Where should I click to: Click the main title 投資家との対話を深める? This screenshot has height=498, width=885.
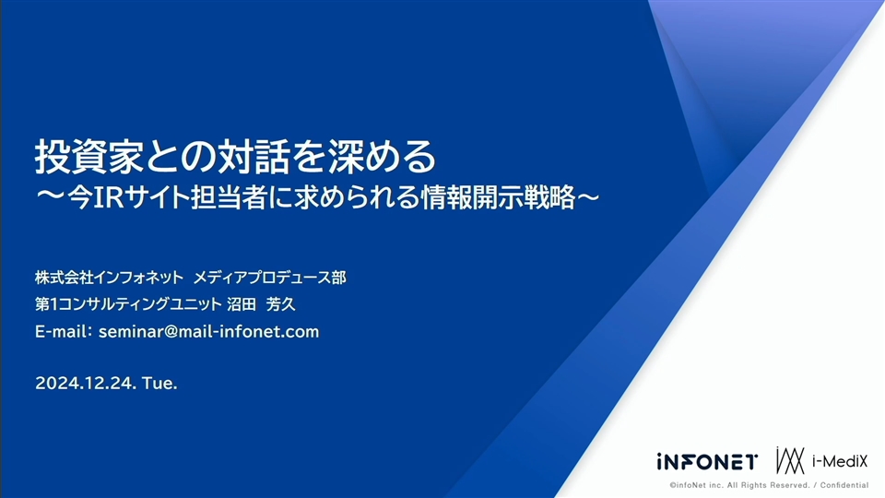click(x=236, y=156)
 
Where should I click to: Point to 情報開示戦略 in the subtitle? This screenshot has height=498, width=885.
click(x=498, y=197)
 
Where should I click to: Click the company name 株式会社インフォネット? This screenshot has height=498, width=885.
click(x=109, y=278)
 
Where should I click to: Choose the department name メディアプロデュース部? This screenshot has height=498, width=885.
click(x=270, y=278)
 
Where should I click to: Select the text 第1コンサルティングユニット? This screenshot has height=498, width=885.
click(x=128, y=304)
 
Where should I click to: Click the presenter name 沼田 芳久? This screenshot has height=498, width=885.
click(x=261, y=304)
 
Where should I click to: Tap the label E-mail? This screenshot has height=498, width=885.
click(x=64, y=331)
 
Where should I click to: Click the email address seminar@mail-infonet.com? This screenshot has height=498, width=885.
click(x=209, y=331)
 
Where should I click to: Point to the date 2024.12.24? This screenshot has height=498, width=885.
click(x=86, y=383)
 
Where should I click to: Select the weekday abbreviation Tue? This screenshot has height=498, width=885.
click(x=159, y=383)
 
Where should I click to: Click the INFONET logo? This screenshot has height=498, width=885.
click(x=707, y=462)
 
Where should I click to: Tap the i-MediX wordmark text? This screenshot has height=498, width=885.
click(x=840, y=461)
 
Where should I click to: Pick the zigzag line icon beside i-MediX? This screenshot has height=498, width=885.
click(x=790, y=460)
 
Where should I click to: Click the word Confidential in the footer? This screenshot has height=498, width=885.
click(x=844, y=485)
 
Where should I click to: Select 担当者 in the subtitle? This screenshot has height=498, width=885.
click(x=229, y=197)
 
